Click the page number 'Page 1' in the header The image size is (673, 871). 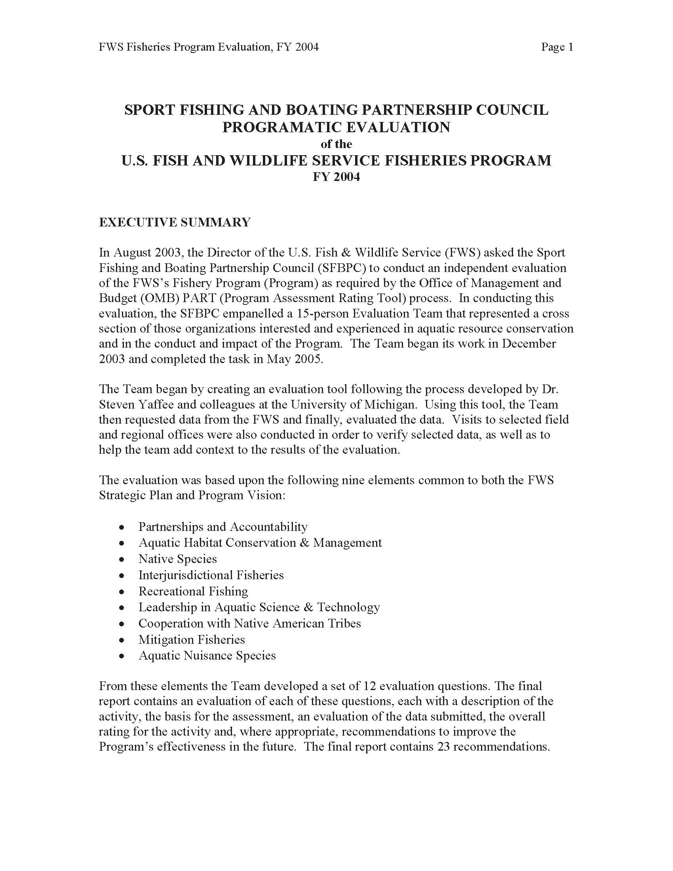(x=557, y=48)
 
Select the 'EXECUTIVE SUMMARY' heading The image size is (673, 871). (x=175, y=222)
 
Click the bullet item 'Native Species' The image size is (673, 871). (x=177, y=559)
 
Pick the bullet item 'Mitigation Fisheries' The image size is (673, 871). (x=191, y=639)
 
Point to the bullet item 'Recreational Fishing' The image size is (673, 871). (x=193, y=591)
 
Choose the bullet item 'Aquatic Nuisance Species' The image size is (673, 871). (x=207, y=655)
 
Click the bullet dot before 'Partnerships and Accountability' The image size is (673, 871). (x=122, y=528)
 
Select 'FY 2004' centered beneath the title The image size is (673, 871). (x=336, y=177)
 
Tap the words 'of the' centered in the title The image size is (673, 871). (x=336, y=144)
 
